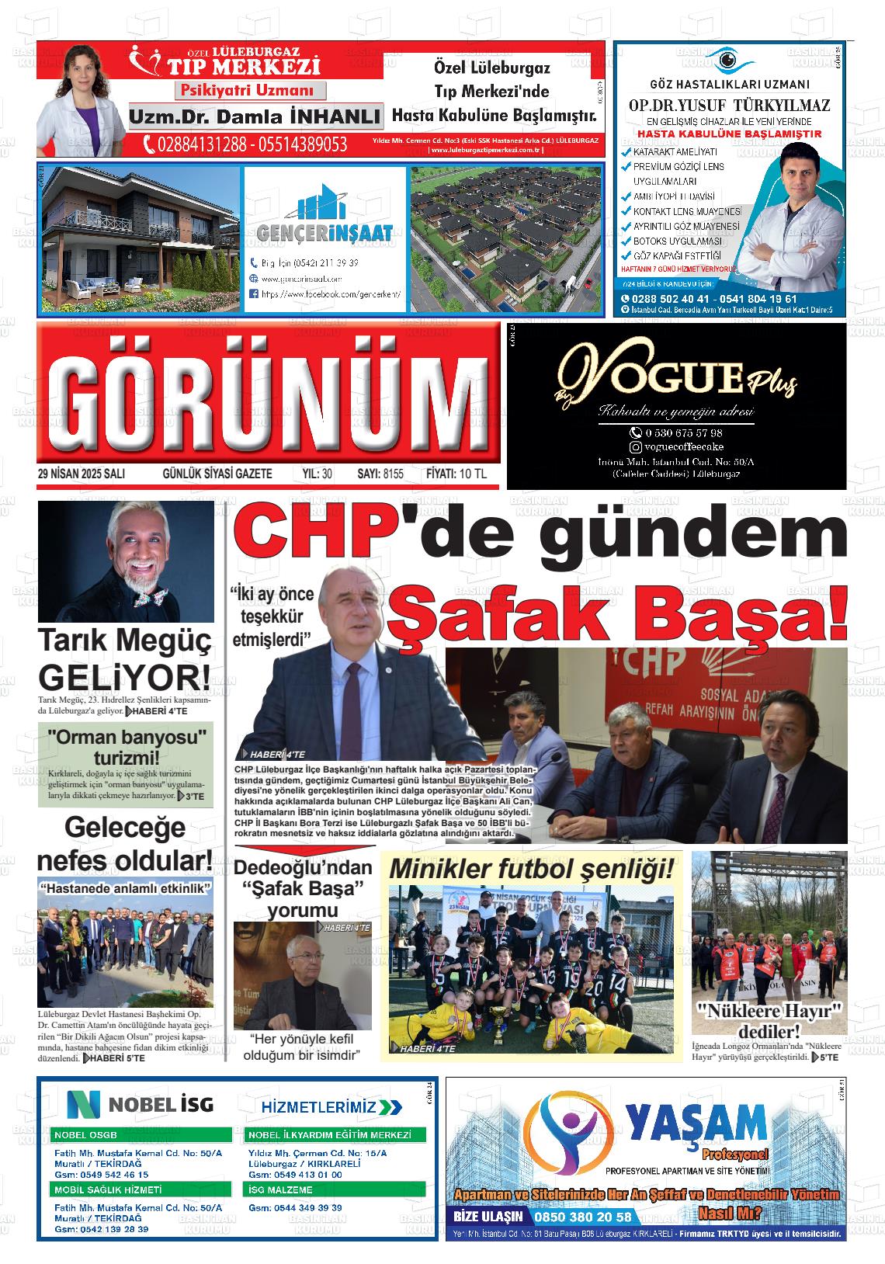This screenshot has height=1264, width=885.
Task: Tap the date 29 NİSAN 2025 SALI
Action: tap(82, 474)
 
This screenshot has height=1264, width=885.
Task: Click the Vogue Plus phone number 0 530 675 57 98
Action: tap(683, 432)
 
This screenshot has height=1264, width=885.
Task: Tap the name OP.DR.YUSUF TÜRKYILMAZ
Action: tap(729, 106)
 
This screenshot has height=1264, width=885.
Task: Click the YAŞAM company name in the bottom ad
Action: tap(696, 1123)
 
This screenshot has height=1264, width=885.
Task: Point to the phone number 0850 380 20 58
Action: tap(590, 1216)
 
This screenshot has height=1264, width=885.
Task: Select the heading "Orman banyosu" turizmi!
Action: tap(127, 746)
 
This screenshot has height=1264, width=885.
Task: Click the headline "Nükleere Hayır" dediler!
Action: tap(769, 1020)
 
